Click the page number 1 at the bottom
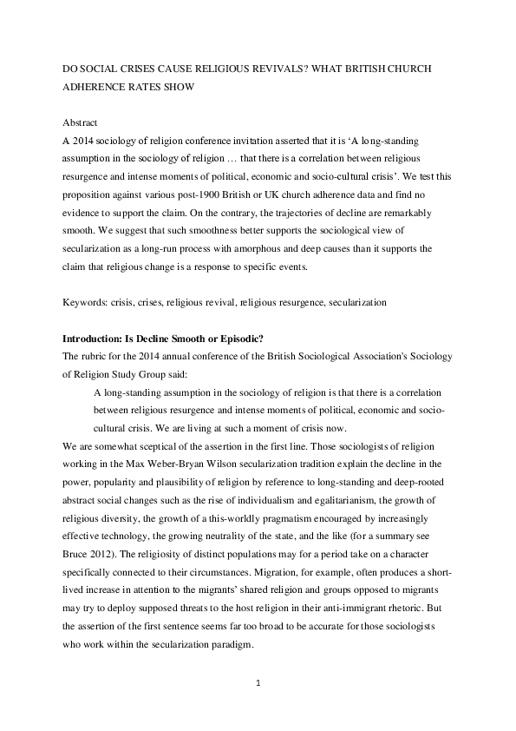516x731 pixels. click(x=258, y=683)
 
